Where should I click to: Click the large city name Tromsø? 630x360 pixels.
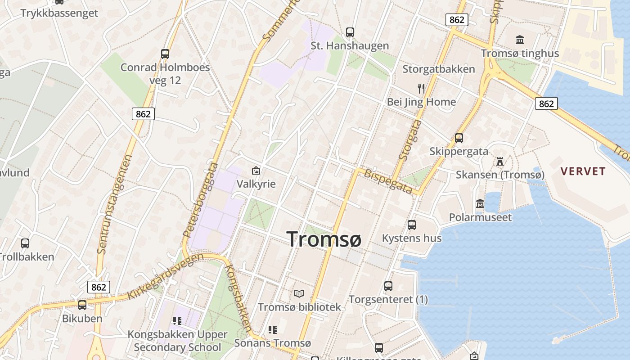point(324,239)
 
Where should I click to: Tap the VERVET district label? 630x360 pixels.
point(583,171)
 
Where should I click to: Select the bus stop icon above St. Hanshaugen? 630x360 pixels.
point(350,32)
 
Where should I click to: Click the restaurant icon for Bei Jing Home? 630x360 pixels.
point(421,88)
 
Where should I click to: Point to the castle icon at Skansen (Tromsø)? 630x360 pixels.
point(500,161)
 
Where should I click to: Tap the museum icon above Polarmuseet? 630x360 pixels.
point(480,204)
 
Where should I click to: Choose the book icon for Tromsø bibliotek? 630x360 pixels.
point(299,294)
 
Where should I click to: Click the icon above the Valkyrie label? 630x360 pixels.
point(256,170)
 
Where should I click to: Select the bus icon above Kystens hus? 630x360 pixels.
point(412,225)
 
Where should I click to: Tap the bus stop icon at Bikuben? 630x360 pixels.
point(82,305)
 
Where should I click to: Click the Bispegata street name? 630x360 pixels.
point(388,181)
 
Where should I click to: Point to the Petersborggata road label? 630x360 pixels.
point(200,201)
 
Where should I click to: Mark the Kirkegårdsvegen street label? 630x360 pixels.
point(165,276)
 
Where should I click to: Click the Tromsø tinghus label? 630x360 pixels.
point(520,53)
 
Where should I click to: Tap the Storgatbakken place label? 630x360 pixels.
point(438,69)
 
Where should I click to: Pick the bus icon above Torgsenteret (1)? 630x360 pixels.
point(388,286)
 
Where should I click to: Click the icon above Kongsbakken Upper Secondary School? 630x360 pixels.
point(177,321)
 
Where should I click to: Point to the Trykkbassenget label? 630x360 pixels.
point(59,13)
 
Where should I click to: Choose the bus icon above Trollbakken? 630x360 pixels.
point(25,243)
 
